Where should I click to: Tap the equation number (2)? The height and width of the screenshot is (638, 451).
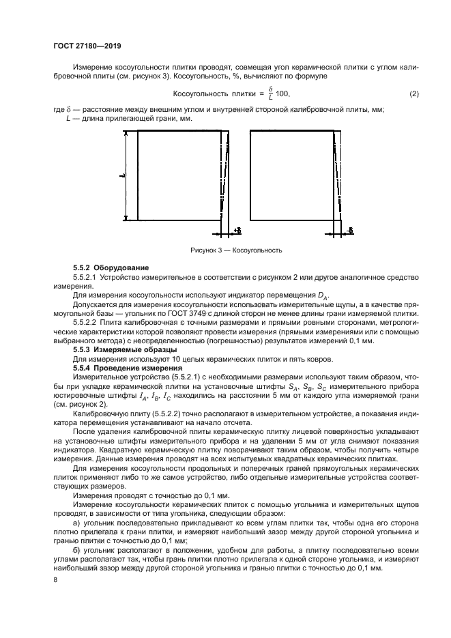tap(413, 93)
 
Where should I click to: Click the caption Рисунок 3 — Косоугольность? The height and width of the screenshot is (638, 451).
tap(236, 250)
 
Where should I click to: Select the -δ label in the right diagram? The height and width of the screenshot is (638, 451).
tap(349, 231)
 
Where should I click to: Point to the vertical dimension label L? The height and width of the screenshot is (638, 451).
tap(121, 175)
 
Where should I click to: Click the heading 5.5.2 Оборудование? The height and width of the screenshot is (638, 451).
tap(106, 267)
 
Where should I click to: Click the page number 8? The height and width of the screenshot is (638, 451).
tap(56, 579)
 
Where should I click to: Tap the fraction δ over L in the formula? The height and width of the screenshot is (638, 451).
tap(270, 93)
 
